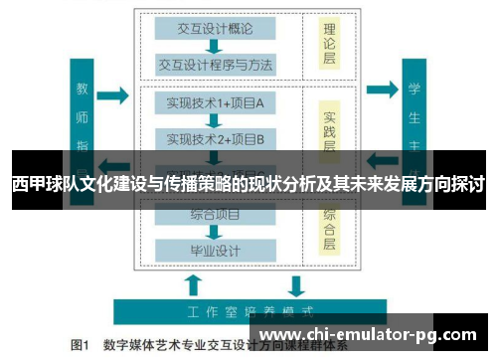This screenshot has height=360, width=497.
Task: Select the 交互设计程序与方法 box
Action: pos(214,66)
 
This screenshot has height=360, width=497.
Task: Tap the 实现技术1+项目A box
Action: pos(214,102)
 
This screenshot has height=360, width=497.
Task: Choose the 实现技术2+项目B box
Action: pos(214,138)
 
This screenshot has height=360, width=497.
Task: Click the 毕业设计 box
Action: pos(214,250)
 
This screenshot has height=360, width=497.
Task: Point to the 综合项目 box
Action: pos(214,213)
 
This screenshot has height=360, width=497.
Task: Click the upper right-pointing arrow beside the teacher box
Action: pos(113,95)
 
